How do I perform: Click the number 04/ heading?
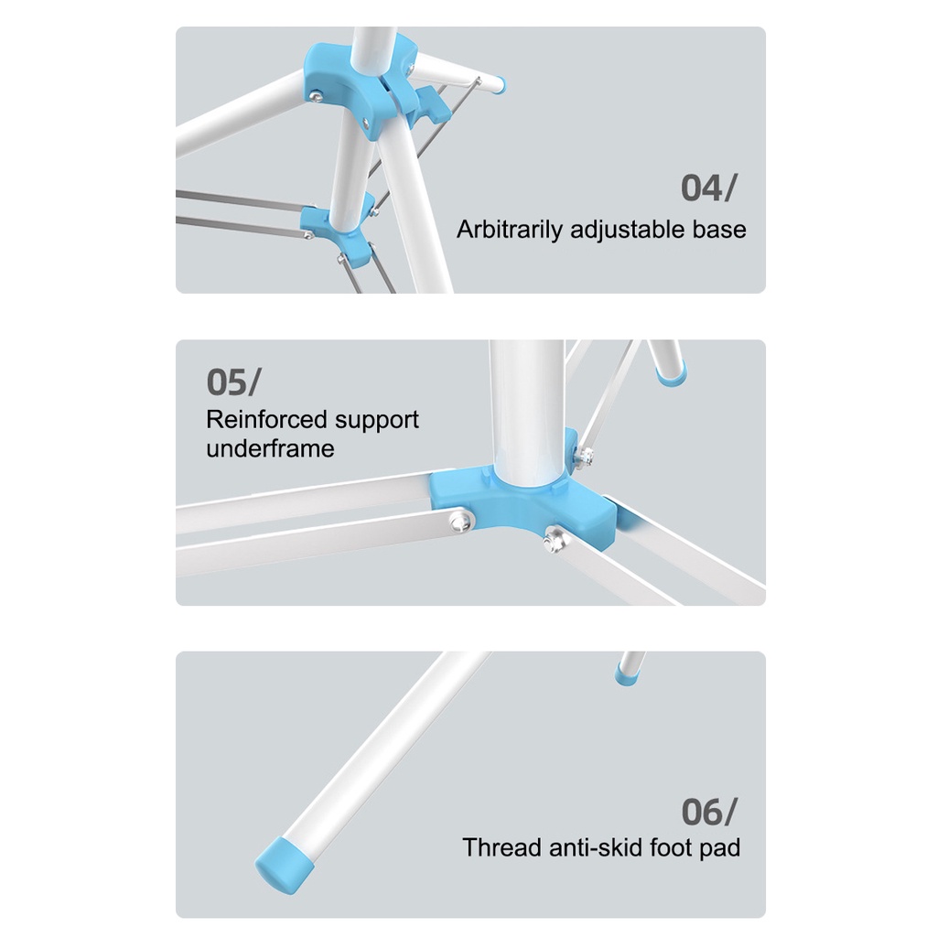(x=709, y=188)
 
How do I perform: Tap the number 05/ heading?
(x=233, y=382)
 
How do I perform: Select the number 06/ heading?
(x=709, y=813)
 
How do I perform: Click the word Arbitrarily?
(x=509, y=230)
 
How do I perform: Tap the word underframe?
(x=270, y=448)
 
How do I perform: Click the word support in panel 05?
(x=376, y=421)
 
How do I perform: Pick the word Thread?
(x=501, y=848)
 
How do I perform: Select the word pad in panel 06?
(x=721, y=849)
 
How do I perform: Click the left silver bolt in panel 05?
(x=460, y=521)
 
